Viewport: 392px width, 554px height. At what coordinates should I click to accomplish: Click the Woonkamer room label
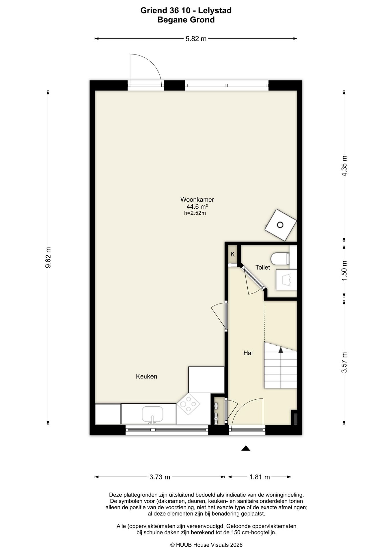tap(197, 199)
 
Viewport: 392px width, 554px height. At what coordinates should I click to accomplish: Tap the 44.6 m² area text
tap(197, 207)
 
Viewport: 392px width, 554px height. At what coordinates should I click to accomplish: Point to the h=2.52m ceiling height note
tap(195, 213)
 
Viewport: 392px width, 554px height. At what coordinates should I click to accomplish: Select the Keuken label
tap(147, 376)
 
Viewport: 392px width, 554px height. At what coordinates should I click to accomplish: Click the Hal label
tap(248, 353)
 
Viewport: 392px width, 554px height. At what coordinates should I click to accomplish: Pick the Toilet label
tap(263, 267)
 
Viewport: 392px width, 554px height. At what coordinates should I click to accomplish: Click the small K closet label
tap(233, 254)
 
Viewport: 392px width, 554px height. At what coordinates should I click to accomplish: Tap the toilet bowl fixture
tap(280, 259)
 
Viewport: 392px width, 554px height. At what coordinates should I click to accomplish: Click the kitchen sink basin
tap(152, 414)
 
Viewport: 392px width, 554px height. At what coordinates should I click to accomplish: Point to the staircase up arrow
tap(281, 349)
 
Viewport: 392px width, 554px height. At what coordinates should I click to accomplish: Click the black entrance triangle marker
tap(246, 448)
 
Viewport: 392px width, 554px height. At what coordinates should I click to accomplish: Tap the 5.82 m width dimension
tap(196, 39)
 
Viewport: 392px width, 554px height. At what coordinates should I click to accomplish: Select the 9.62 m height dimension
tap(48, 257)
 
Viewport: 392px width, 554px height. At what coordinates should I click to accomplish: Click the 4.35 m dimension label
tap(344, 166)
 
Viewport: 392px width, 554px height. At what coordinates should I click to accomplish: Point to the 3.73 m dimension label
tap(160, 477)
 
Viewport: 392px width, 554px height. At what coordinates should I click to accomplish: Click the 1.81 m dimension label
tap(260, 477)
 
